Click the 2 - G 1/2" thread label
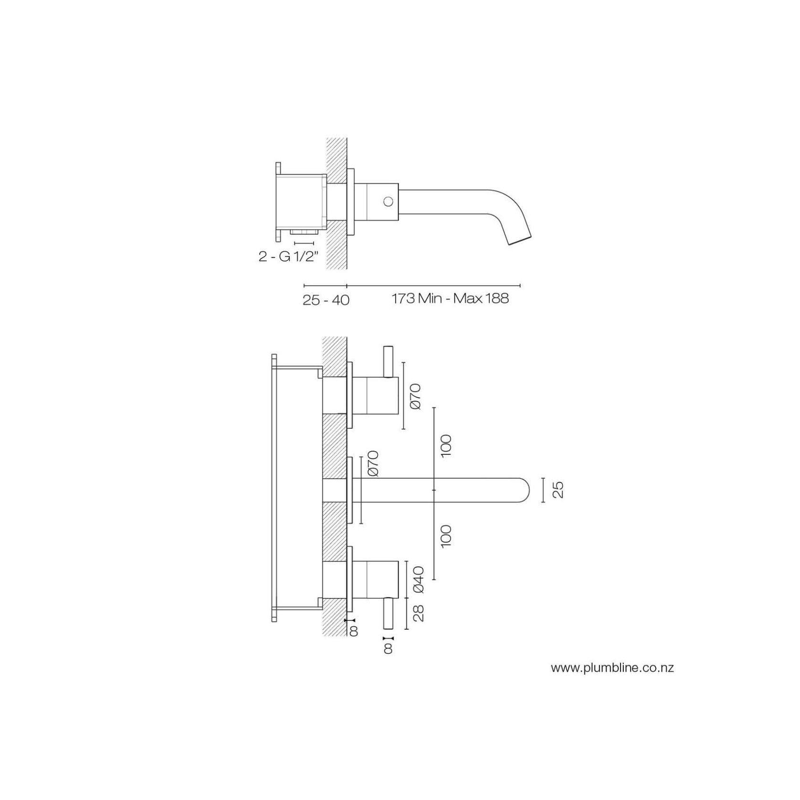pos(288,256)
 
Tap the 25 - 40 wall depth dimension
pos(326,300)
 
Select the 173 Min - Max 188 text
pos(450,299)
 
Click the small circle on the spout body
pos(389,201)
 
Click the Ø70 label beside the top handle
pos(415,396)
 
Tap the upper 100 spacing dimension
pos(446,446)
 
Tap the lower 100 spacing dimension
pos(446,536)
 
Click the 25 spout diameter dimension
pos(558,490)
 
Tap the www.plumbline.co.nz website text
pos(612,668)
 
